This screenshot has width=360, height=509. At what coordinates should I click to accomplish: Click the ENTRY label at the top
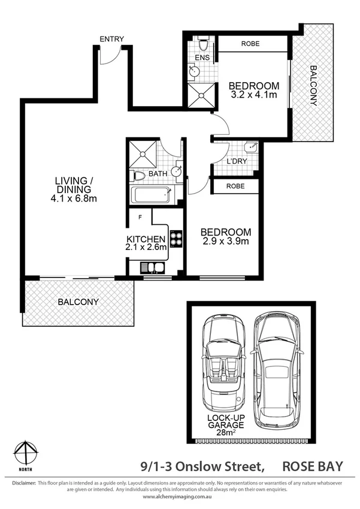tap(112, 40)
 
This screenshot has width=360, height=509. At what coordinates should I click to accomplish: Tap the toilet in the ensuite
tap(202, 45)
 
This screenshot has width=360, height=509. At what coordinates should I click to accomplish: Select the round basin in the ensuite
tap(194, 71)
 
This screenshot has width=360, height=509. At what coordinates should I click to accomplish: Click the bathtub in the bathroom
tap(150, 195)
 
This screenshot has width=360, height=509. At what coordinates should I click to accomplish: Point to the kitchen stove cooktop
tap(176, 239)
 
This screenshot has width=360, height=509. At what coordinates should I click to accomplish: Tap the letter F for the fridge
tap(140, 216)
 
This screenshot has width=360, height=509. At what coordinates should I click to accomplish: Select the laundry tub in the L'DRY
tap(251, 147)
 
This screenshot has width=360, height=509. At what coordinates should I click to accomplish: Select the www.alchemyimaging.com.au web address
tap(180, 497)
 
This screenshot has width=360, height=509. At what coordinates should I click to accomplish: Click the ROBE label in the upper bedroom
tap(250, 44)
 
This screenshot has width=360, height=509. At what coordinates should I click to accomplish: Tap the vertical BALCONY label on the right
tap(313, 85)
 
